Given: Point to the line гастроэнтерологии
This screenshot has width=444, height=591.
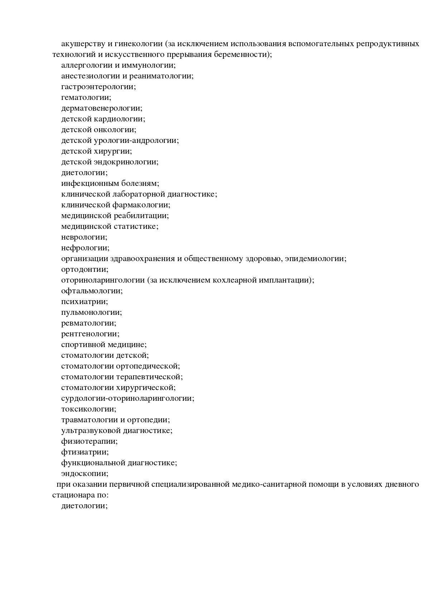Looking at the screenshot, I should pyautogui.click(x=98, y=87).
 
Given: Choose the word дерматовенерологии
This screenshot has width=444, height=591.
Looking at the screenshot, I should pyautogui.click(x=101, y=109).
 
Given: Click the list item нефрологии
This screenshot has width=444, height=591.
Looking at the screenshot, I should pyautogui.click(x=85, y=248).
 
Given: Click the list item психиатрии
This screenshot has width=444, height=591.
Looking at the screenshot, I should pyautogui.click(x=85, y=302).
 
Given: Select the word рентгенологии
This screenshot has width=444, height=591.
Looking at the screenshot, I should pyautogui.click(x=90, y=334).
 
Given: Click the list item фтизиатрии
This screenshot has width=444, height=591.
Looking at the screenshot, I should pyautogui.click(x=85, y=452).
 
